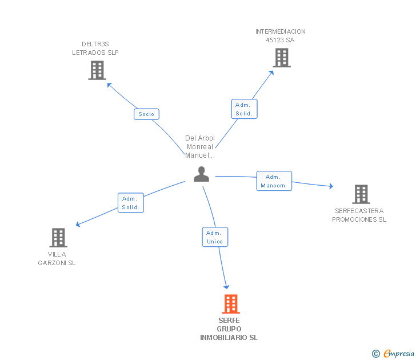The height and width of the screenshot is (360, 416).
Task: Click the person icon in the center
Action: pos(201,174)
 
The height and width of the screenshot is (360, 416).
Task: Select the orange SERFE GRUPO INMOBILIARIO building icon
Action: pos(230,304)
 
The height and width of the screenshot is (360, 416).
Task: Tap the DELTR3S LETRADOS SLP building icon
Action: pos(97,70)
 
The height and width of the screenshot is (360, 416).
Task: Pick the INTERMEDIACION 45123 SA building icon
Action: pos(281,58)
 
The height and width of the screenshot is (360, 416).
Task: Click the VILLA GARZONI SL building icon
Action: pos(58,238)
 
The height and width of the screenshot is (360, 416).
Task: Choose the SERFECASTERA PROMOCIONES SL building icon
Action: pos(361,194)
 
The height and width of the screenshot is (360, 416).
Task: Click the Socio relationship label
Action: pos(146,114)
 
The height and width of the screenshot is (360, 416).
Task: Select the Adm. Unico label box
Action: pos(215,237)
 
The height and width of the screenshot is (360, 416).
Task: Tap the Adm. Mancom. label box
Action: pos(274,181)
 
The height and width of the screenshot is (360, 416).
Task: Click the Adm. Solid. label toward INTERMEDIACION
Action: pos(245,109)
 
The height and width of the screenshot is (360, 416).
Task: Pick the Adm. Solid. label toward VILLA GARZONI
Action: pos(130,203)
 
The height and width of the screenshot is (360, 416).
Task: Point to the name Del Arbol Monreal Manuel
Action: pos(199,147)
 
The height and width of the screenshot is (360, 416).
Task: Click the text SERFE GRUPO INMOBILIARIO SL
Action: pos(229,329)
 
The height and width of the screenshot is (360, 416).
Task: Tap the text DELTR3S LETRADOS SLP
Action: pos(95,49)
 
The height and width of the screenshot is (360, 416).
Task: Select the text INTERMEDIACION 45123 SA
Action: pos(280,36)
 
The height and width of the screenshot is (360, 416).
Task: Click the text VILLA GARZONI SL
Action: pos(57,259)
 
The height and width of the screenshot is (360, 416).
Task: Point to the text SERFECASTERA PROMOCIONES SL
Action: pos(359,215)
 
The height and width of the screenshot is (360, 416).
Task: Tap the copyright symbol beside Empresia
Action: pos(376,354)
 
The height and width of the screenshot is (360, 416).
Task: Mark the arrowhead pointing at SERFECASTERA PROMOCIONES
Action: pos(330,186)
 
